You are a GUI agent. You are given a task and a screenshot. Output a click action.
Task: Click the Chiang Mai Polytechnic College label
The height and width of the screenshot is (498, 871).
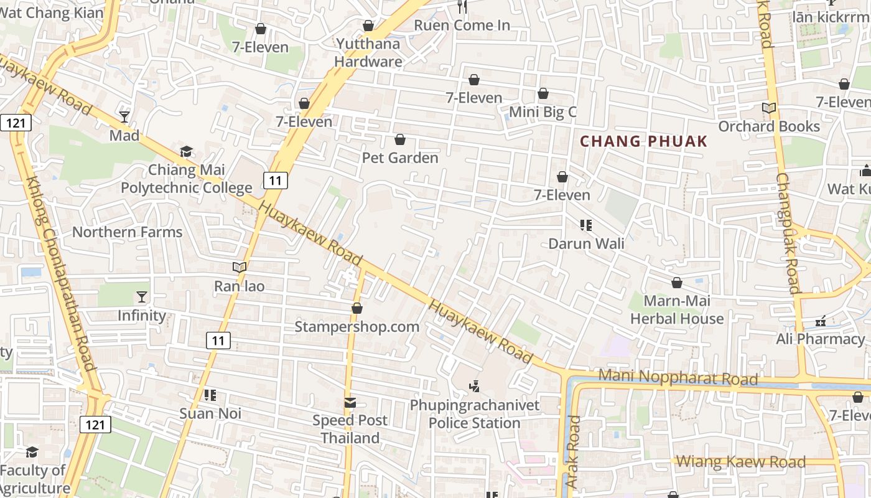click(x=187, y=179)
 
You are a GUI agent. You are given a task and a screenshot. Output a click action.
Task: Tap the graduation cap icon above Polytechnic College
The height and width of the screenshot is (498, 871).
click(x=186, y=152)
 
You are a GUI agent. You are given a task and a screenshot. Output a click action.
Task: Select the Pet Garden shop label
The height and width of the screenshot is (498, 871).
click(x=400, y=158)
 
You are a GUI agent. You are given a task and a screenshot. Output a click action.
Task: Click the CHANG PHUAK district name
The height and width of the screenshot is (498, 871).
click(x=644, y=141)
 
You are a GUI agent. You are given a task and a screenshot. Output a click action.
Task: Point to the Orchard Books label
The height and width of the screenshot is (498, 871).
click(x=769, y=126)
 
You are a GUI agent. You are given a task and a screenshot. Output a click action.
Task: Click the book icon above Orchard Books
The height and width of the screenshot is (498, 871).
click(x=769, y=108)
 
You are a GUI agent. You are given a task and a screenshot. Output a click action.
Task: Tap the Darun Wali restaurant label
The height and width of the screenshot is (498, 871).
click(x=586, y=243)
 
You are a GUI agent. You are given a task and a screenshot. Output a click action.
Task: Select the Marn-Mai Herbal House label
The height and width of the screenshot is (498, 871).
click(x=677, y=310)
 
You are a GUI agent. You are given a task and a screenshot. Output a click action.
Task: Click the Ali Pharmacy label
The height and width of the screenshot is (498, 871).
click(x=820, y=339)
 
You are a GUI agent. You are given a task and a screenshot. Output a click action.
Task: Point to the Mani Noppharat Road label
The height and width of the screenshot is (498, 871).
click(x=678, y=378)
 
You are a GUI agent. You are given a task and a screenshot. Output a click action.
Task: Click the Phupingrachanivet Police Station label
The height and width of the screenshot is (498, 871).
click(x=475, y=414)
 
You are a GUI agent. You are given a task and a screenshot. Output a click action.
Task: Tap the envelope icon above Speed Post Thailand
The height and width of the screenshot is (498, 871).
click(x=350, y=403)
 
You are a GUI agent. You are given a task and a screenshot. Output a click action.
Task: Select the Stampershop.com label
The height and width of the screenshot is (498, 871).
click(x=356, y=327)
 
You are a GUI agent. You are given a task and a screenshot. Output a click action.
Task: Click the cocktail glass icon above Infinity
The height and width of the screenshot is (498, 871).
click(x=142, y=297)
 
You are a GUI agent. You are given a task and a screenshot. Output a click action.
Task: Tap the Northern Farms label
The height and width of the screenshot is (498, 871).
click(x=128, y=232)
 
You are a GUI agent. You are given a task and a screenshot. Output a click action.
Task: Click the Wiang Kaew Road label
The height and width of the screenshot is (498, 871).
click(x=740, y=462)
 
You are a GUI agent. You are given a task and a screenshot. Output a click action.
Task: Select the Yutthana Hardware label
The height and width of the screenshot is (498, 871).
click(x=368, y=52)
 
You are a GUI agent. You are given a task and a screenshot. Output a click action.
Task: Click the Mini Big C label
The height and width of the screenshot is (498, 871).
click(x=543, y=112)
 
